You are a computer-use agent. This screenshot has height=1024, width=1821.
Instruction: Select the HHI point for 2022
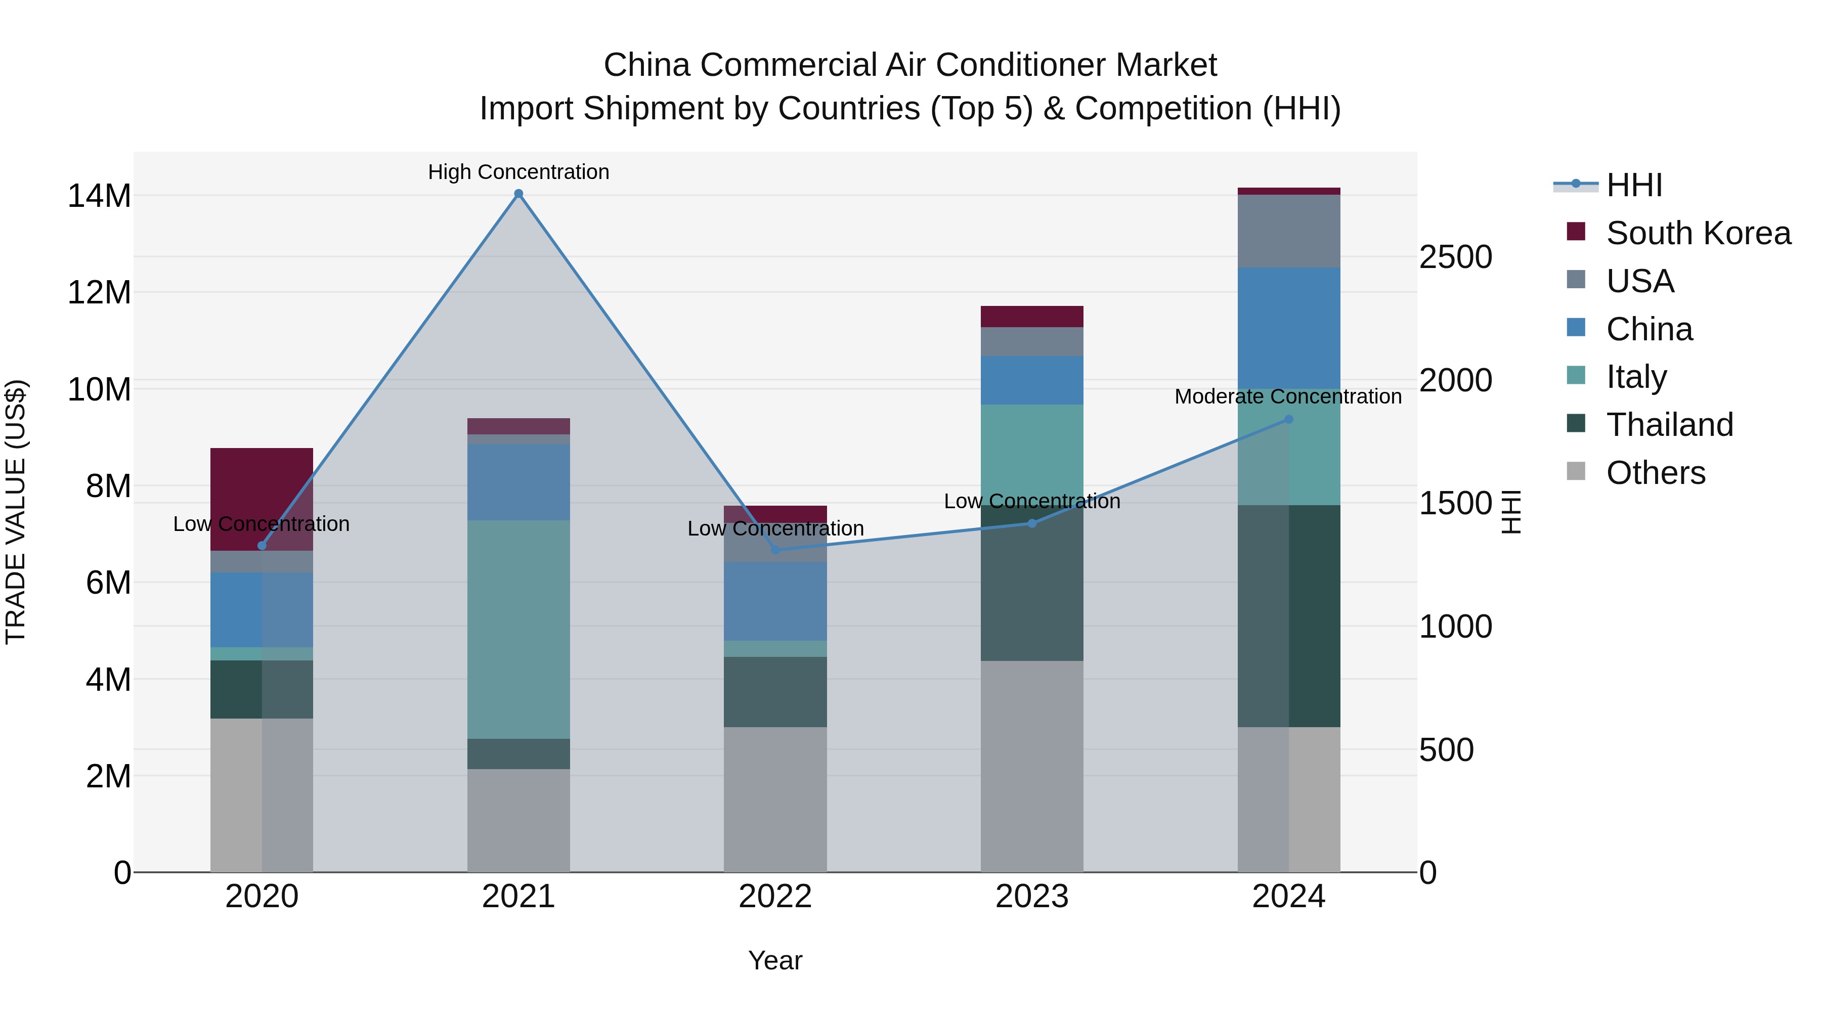775,550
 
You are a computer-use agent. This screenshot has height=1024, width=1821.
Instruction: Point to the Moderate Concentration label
1287,396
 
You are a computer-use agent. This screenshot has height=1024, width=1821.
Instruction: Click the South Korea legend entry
1698,233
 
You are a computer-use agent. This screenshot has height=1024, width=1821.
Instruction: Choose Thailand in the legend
1669,425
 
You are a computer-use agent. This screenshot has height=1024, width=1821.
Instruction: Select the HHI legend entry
1634,185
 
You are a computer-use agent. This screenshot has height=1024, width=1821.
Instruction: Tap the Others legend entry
1655,473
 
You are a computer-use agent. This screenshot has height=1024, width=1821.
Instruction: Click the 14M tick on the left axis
99,196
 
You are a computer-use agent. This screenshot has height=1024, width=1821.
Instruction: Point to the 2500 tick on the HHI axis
1455,257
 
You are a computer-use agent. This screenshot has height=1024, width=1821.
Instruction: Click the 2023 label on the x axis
1031,897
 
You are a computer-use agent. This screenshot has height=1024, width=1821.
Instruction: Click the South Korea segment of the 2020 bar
262,495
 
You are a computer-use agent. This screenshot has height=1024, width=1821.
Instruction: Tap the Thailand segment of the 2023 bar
1031,583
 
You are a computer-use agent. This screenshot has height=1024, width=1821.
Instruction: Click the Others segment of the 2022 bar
775,798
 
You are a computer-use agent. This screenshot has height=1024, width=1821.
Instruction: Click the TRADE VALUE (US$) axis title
16,512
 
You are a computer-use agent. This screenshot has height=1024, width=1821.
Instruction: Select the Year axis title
775,960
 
